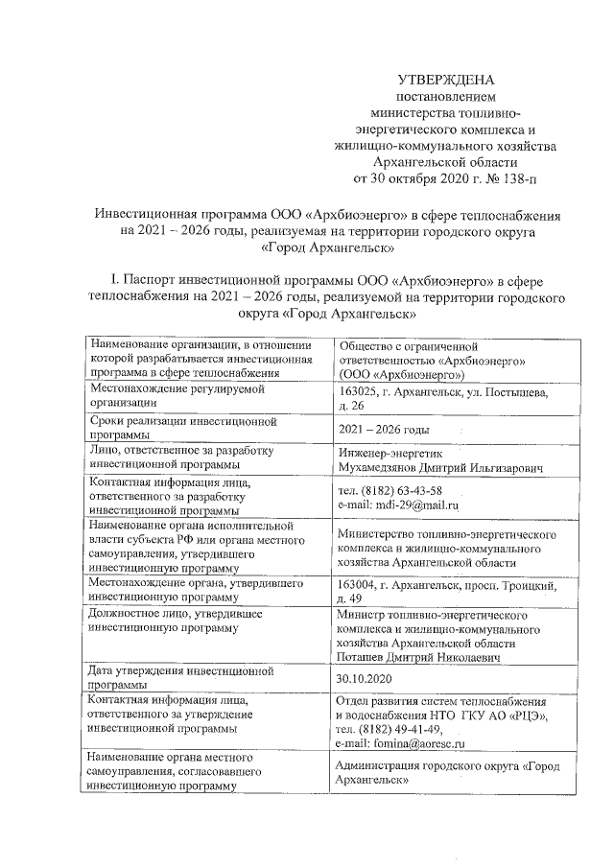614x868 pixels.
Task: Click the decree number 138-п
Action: coord(512,177)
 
